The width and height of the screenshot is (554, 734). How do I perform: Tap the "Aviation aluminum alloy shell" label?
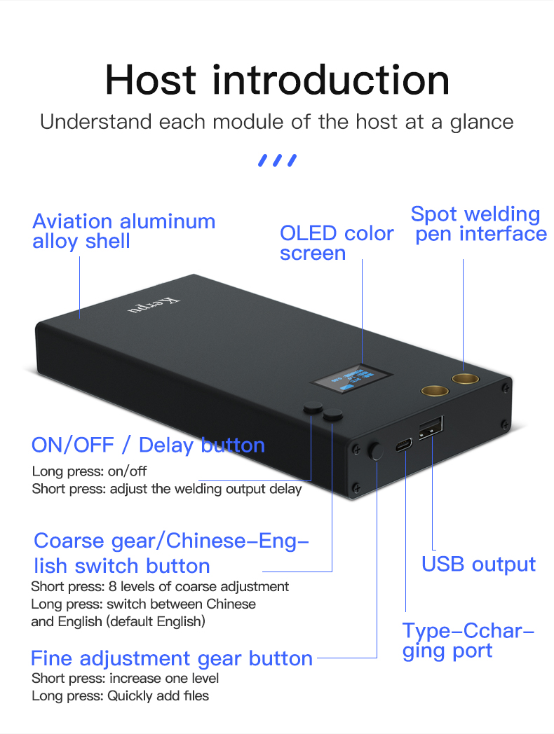click(123, 231)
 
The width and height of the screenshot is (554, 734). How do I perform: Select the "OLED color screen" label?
click(337, 242)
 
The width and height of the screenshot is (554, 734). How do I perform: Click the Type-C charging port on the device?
click(404, 445)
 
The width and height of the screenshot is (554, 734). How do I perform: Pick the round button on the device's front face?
click(377, 450)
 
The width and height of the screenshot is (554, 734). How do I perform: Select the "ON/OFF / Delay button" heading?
click(148, 445)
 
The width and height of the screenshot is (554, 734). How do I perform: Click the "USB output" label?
click(478, 565)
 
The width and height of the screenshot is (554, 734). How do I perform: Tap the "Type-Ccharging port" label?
click(468, 640)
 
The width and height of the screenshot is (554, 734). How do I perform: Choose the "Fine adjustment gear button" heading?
click(172, 658)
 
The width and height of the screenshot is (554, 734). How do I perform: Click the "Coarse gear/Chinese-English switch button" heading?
click(171, 553)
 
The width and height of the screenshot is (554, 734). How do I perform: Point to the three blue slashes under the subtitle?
click(277, 160)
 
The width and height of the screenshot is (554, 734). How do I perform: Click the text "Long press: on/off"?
click(90, 471)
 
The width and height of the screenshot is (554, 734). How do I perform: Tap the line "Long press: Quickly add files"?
click(121, 696)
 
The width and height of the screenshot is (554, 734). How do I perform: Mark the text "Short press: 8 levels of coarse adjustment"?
click(160, 586)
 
